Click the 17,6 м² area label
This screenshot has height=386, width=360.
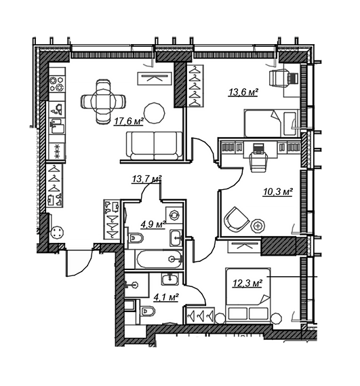(x=128, y=121)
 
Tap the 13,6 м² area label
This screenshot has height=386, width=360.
(x=243, y=92)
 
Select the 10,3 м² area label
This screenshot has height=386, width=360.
(x=277, y=192)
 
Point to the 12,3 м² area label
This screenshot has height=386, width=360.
(x=247, y=284)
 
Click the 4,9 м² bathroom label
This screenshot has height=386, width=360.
(x=153, y=225)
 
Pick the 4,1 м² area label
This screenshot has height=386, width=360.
(x=166, y=298)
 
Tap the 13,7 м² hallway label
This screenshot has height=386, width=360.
(x=146, y=179)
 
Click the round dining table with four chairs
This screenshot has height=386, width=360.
(x=103, y=101)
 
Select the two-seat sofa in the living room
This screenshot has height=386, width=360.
(x=155, y=145)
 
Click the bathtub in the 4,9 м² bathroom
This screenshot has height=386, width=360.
(x=159, y=259)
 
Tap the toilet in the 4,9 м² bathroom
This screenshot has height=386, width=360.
(x=136, y=238)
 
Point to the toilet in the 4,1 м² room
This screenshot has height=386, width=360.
(x=148, y=311)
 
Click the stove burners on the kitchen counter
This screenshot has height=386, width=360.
(x=57, y=83)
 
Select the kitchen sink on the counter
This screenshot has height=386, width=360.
(x=57, y=126)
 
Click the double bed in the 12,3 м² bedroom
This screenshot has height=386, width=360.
(x=248, y=295)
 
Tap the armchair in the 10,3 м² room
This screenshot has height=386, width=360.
(x=236, y=219)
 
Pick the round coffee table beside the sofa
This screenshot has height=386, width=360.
(x=155, y=113)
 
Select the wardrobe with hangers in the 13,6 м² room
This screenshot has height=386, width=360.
(x=195, y=86)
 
